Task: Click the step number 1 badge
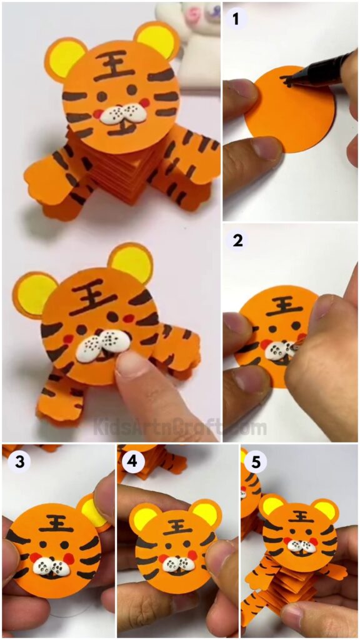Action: tap(236, 19)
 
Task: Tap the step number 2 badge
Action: tap(237, 241)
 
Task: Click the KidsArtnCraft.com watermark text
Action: tap(179, 428)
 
